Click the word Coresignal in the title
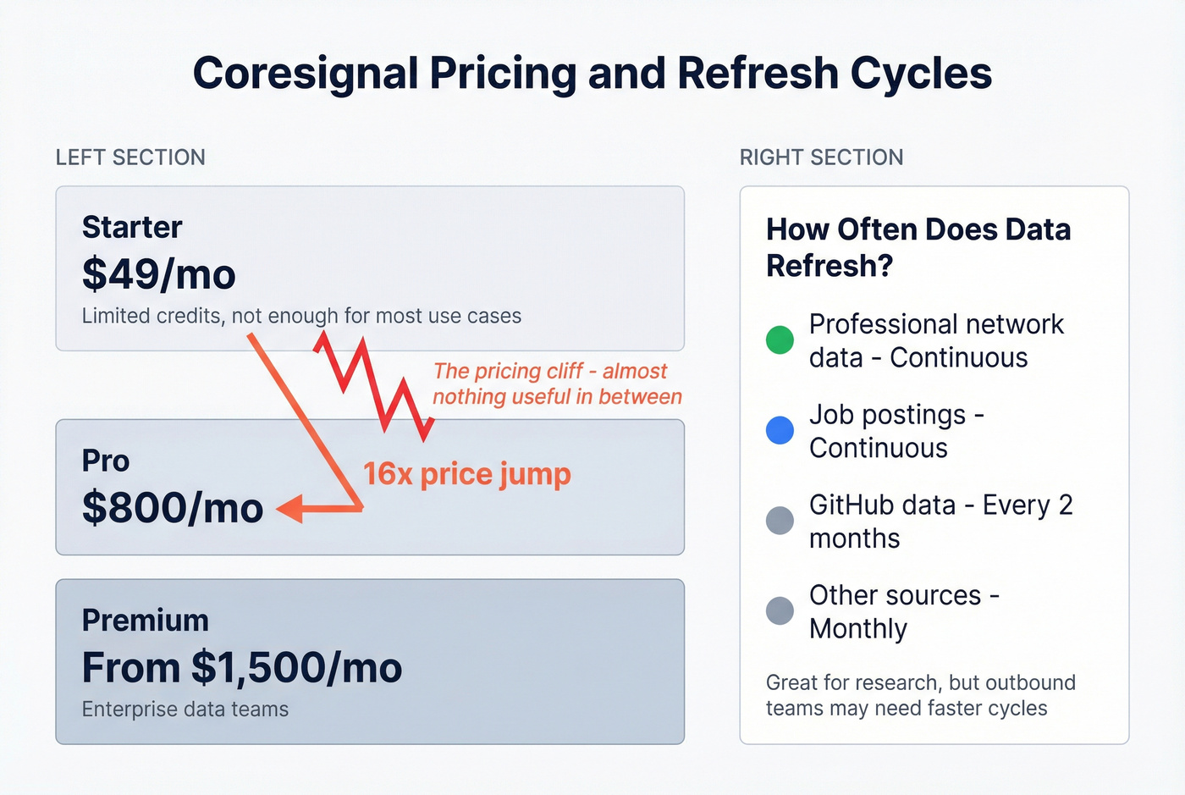pyautogui.click(x=306, y=74)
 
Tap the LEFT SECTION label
pyautogui.click(x=130, y=157)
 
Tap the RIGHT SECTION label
pyautogui.click(x=821, y=157)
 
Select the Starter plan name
pyautogui.click(x=132, y=227)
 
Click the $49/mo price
pyautogui.click(x=158, y=274)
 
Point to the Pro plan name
pyautogui.click(x=106, y=461)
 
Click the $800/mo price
pyautogui.click(x=173, y=508)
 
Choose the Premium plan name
pyautogui.click(x=145, y=621)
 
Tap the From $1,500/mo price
pyautogui.click(x=242, y=668)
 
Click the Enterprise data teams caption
pyautogui.click(x=185, y=709)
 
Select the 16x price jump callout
pyautogui.click(x=467, y=474)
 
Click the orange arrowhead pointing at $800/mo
pyautogui.click(x=289, y=509)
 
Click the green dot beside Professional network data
pyautogui.click(x=780, y=340)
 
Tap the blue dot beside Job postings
pyautogui.click(x=780, y=430)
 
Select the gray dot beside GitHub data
pyautogui.click(x=780, y=521)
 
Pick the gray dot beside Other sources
pyautogui.click(x=780, y=610)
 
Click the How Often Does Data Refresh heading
pyautogui.click(x=918, y=247)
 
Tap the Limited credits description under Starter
pyautogui.click(x=301, y=316)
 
